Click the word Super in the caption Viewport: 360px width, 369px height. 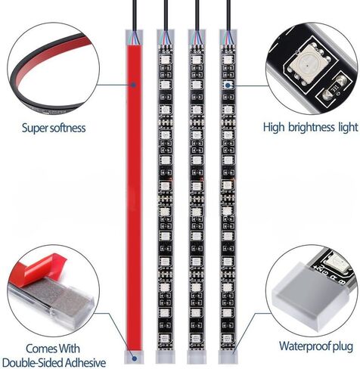35,129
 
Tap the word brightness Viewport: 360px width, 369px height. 312,127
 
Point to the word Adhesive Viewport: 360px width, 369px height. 85,363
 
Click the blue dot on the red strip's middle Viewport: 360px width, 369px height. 134,85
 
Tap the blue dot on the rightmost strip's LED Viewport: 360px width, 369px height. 228,85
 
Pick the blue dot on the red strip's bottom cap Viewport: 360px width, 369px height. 135,358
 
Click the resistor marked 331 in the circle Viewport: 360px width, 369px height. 334,91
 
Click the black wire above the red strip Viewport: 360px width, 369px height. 135,16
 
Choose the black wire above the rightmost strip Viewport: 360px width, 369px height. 228,16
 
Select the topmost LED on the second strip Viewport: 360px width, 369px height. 166,60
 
